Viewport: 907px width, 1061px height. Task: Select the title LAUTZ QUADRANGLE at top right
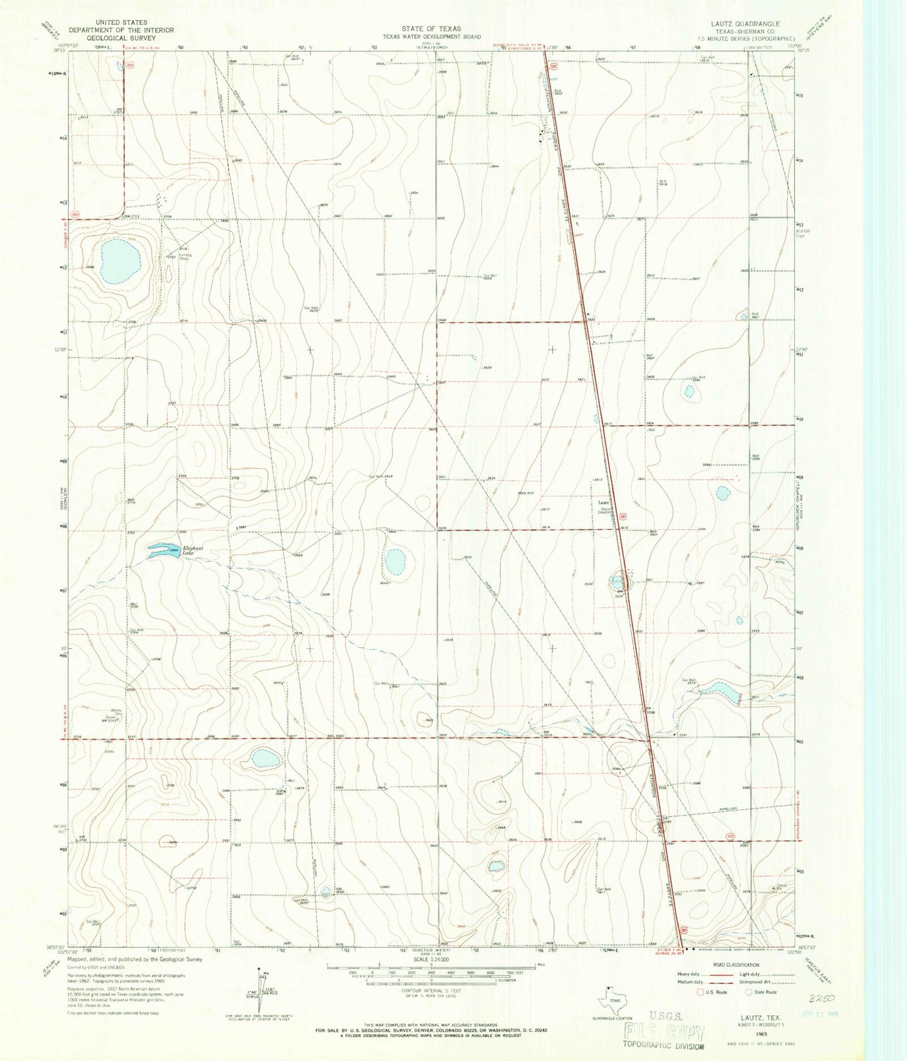(743, 24)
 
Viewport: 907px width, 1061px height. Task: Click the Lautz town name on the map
(604, 503)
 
